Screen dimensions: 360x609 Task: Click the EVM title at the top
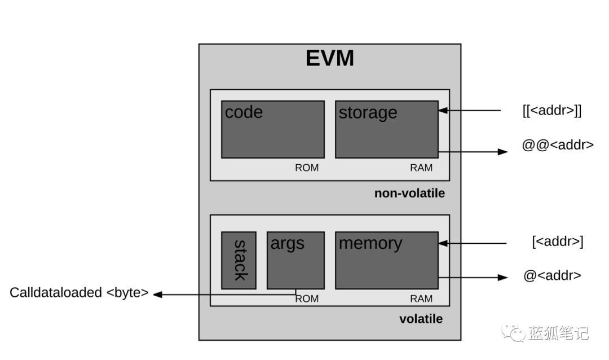pyautogui.click(x=330, y=59)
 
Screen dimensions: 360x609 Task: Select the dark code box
pyautogui.click(x=272, y=129)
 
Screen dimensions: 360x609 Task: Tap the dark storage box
pyautogui.click(x=386, y=129)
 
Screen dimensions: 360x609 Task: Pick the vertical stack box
pyautogui.click(x=239, y=260)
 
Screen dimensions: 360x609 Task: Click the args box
pyautogui.click(x=295, y=260)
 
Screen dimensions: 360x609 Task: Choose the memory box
pyautogui.click(x=386, y=260)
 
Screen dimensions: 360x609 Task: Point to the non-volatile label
pyautogui.click(x=409, y=194)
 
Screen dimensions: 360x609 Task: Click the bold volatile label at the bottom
pyautogui.click(x=421, y=319)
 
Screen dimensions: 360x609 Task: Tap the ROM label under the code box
pyautogui.click(x=307, y=168)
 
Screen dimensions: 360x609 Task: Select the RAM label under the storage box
pyautogui.click(x=421, y=168)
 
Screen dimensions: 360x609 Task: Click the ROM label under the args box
pyautogui.click(x=307, y=298)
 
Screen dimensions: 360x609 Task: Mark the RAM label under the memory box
pyautogui.click(x=421, y=298)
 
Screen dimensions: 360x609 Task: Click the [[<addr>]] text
pyautogui.click(x=551, y=111)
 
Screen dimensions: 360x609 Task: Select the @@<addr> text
pyautogui.click(x=558, y=144)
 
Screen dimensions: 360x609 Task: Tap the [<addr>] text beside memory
pyautogui.click(x=557, y=242)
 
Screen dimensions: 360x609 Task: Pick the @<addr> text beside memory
pyautogui.click(x=552, y=276)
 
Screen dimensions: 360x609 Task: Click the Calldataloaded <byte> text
pyautogui.click(x=79, y=293)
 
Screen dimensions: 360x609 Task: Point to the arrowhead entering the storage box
pyautogui.click(x=443, y=111)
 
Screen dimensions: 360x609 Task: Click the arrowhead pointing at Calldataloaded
pyautogui.click(x=158, y=294)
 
